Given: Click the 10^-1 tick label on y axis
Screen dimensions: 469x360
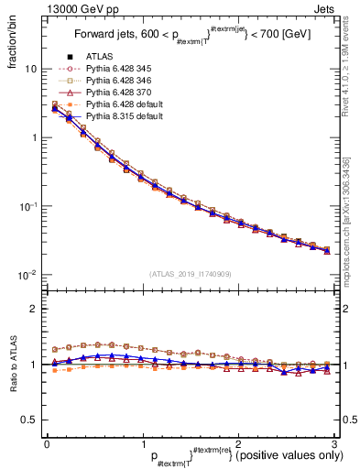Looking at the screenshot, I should pyautogui.click(x=27, y=206).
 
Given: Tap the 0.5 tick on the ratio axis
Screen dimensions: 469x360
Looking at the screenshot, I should pyautogui.click(x=28, y=420).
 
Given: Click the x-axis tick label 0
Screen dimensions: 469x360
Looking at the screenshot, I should pyautogui.click(x=47, y=442).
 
